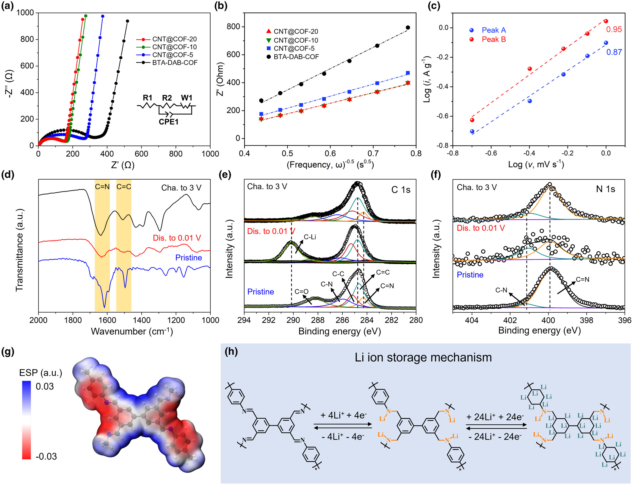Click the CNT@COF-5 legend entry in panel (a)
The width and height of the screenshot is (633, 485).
[173, 55]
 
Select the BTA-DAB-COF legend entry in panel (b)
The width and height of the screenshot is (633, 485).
[296, 57]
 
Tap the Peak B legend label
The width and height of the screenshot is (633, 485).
[493, 39]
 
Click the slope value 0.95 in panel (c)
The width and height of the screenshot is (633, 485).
[614, 29]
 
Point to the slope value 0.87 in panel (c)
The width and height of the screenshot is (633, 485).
[614, 52]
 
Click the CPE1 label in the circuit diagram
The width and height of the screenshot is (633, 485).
[168, 122]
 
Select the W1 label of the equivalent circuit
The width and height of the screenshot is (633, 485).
[187, 98]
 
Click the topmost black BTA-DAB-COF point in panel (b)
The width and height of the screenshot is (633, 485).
[408, 28]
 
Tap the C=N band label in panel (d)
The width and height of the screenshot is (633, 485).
[102, 187]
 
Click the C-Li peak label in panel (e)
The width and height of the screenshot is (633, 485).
[310, 237]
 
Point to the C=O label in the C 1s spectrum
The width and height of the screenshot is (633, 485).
[301, 291]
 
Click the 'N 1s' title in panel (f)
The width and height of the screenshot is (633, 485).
[605, 189]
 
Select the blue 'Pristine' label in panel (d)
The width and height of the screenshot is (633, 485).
[189, 258]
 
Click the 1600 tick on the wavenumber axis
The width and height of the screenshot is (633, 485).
[107, 320]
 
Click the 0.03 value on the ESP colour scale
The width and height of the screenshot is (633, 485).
[45, 386]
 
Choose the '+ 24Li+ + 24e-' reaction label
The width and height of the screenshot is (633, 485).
[495, 417]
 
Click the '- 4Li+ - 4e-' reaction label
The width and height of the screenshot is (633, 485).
[343, 437]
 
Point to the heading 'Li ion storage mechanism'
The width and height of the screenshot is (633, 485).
[423, 358]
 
